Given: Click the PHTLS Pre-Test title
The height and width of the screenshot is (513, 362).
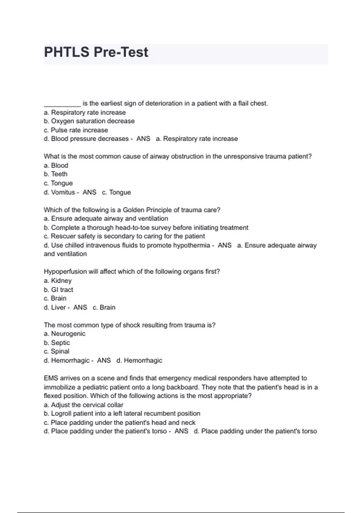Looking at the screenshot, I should coord(96,52).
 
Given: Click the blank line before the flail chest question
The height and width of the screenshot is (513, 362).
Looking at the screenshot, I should coord(62,104).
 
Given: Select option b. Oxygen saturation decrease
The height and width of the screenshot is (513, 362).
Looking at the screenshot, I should coord(89,121).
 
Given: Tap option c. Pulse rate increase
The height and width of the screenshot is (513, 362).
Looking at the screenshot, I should coord(76,130).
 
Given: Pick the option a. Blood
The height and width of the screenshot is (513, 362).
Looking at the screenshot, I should coord(56,165).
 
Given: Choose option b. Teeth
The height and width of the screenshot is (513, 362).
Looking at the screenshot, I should coord(56,174).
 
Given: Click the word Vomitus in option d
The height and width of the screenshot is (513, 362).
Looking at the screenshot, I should coord(63,192).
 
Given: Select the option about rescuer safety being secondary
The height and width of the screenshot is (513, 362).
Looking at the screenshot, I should coord(124,236).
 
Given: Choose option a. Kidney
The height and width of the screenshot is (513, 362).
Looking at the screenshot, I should coord(58,281).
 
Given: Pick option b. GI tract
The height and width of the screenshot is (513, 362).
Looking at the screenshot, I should coord(59,290).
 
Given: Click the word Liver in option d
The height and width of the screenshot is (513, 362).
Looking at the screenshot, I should coord(58,307).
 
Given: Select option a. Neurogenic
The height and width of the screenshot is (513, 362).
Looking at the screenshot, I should coord(65,334).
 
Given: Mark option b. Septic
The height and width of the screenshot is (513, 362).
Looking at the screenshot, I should coord(57,343).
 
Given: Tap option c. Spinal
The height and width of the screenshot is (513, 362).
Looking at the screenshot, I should coord(56,352).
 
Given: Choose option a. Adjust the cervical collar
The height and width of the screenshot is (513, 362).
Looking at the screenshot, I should coord(84,405).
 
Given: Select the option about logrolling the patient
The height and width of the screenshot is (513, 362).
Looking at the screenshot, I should coord(122,414).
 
